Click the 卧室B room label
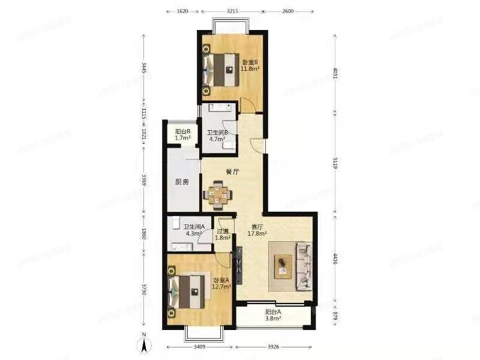click(250, 65)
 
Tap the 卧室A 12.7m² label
click(221, 283)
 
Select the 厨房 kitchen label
click(182, 182)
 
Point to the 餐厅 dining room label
click(233, 172)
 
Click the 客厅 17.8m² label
click(259, 231)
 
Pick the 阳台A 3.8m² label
click(273, 316)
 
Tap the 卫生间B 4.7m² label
click(217, 136)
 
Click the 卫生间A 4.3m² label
click(194, 230)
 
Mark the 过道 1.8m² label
click(224, 234)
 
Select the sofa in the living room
click(304, 265)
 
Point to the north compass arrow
click(144, 346)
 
